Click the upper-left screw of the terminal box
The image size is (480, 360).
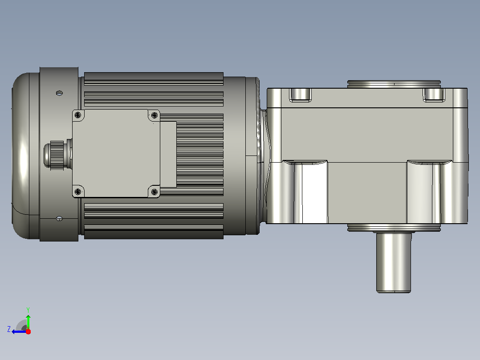pos(78,115)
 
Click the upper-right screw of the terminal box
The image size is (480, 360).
pos(155,115)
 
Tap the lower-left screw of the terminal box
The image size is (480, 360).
pos(78,192)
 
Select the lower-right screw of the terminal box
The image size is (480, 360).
pos(155,192)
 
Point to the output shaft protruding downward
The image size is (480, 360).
pos(394,262)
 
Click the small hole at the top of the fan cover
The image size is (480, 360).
pos(59,93)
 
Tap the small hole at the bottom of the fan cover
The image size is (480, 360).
pos(59,218)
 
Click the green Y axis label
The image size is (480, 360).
pos(28,310)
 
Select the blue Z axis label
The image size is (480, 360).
pos(9,329)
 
